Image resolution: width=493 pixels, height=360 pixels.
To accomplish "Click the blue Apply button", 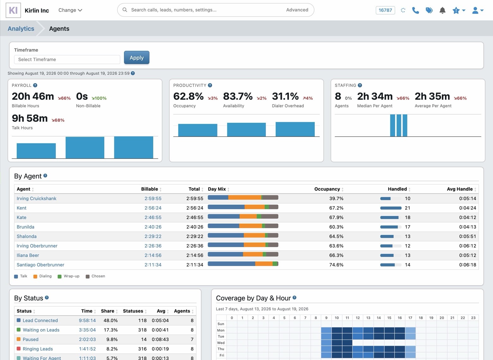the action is pyautogui.click(x=137, y=57).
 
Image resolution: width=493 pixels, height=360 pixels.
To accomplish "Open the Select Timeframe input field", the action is pyautogui.click(x=67, y=59).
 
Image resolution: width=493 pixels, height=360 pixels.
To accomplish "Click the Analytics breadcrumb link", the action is pyautogui.click(x=21, y=29).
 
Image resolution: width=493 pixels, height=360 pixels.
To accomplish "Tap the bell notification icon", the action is pyautogui.click(x=442, y=10).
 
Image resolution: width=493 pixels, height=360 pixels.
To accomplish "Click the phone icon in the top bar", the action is pyautogui.click(x=415, y=10).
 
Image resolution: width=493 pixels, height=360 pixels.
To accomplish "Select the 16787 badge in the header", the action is pyautogui.click(x=385, y=10).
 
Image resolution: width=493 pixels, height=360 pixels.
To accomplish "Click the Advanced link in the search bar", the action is pyautogui.click(x=297, y=10).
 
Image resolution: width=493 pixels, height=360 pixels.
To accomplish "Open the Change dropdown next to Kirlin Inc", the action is pyautogui.click(x=70, y=10).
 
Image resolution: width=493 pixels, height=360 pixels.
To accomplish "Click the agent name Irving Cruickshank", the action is pyautogui.click(x=37, y=198).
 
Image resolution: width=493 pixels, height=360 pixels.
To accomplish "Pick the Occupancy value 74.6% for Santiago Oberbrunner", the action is pyautogui.click(x=336, y=265).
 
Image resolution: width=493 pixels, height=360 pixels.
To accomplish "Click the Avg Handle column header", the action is pyautogui.click(x=460, y=189).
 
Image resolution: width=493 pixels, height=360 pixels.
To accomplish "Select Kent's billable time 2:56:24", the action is pyautogui.click(x=153, y=208).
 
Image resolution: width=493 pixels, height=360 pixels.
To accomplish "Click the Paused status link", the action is pyautogui.click(x=31, y=339).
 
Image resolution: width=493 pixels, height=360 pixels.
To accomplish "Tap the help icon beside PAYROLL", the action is pyautogui.click(x=35, y=85).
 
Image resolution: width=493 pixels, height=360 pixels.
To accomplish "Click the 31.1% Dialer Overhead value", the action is pyautogui.click(x=285, y=96).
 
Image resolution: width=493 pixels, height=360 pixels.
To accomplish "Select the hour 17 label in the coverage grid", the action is pyautogui.click(x=410, y=318).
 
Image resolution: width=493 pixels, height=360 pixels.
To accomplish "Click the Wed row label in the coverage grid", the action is pyautogui.click(x=221, y=343).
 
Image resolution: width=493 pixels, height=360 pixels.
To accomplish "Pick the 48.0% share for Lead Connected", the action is pyautogui.click(x=111, y=321).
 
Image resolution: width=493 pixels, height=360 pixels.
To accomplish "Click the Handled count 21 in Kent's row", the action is pyautogui.click(x=407, y=208).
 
